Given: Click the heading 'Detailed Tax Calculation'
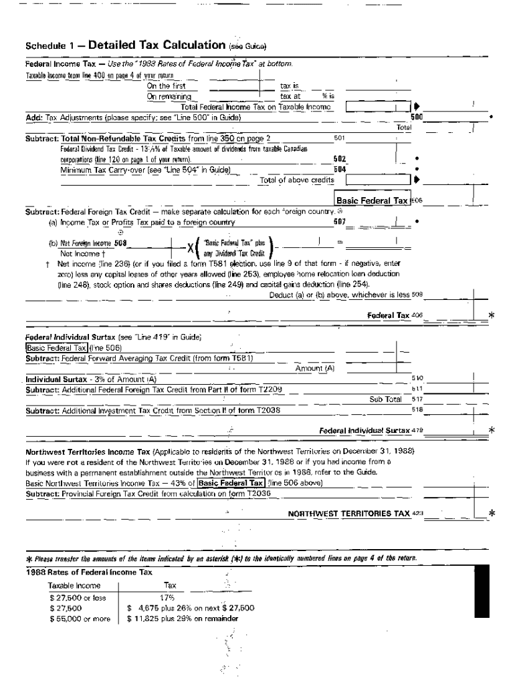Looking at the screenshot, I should (x=157, y=45).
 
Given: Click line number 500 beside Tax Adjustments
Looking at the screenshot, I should (x=416, y=116).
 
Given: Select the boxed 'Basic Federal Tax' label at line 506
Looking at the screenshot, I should (x=373, y=200).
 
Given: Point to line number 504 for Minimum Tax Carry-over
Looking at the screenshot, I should (x=340, y=170).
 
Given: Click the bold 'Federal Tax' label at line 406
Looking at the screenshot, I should (x=388, y=315).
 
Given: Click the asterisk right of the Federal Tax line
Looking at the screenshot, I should (x=492, y=315).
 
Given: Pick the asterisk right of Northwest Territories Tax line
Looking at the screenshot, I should (x=492, y=513).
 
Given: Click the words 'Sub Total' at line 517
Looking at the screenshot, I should (x=385, y=399).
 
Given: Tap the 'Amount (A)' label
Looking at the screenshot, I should (x=314, y=368).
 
